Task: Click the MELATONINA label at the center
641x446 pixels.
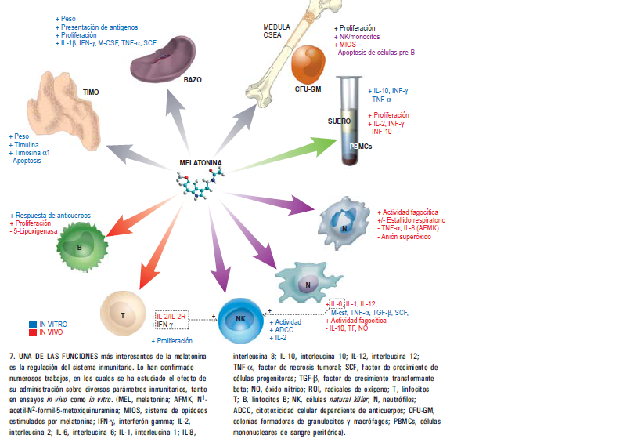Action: [200, 163]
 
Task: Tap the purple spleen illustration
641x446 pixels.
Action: [163, 60]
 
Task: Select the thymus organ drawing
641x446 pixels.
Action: [65, 107]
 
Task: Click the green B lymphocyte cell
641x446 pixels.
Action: [82, 247]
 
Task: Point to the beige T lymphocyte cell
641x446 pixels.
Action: [123, 314]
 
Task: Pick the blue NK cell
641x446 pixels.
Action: [240, 321]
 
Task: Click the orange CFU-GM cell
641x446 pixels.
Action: [308, 64]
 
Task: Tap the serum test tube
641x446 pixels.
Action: [349, 121]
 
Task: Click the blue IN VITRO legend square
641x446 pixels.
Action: [33, 325]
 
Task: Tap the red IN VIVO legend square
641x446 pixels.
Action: [33, 332]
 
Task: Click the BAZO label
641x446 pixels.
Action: [193, 80]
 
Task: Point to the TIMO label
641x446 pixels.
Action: [91, 92]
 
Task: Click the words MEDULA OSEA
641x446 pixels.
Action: [277, 31]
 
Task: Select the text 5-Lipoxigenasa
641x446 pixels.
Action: [35, 231]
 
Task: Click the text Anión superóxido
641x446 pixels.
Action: [406, 237]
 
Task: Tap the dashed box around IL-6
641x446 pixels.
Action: [337, 303]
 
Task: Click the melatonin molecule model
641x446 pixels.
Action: [200, 183]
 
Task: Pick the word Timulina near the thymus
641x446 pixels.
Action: [27, 145]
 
